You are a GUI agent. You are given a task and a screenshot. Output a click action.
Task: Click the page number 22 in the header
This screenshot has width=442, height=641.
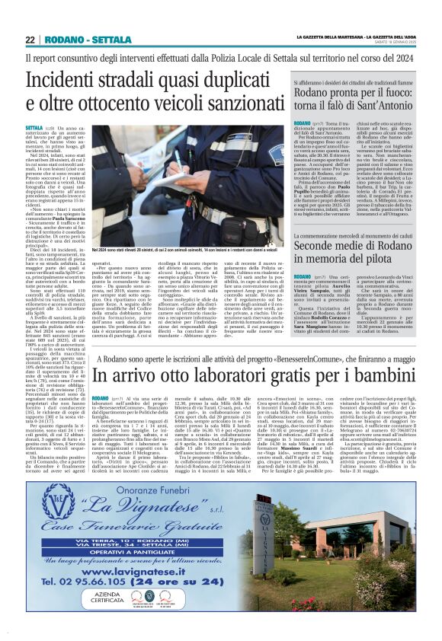pos(31,40)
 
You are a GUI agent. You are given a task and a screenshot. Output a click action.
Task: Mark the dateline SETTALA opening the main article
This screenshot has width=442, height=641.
pos(34,128)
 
